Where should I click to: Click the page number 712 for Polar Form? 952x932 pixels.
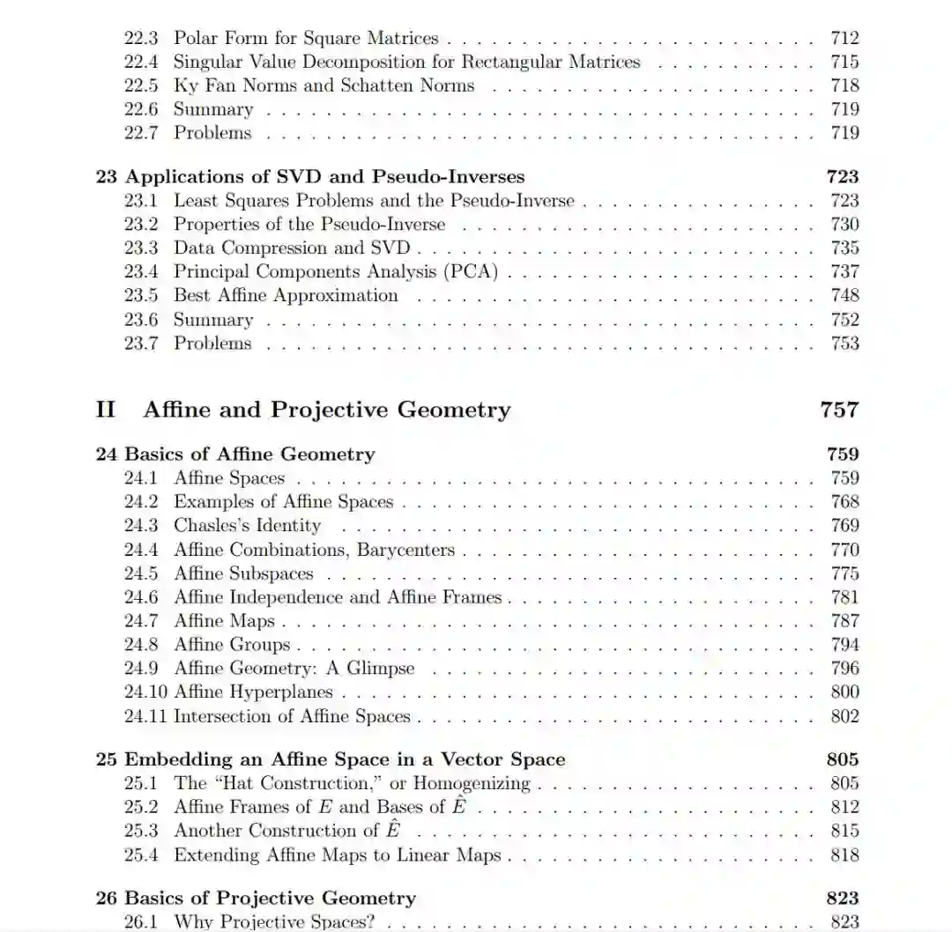844,38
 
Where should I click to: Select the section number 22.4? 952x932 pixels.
140,62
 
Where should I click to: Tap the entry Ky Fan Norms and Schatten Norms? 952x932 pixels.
324,85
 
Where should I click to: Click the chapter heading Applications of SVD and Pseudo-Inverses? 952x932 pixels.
324,176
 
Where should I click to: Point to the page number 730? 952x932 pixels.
844,225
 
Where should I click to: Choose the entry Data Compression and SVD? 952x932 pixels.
292,248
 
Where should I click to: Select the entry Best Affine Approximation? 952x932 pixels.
286,296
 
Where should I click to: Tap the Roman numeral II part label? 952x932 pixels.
106,410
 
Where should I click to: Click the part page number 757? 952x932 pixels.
838,410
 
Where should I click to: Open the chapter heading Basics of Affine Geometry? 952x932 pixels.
249,455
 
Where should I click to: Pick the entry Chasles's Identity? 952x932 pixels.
247,526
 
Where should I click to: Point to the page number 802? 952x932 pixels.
844,716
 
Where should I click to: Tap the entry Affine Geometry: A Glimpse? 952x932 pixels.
294,669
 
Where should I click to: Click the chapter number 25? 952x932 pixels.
106,759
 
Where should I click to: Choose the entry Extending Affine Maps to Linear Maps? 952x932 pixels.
337,854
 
